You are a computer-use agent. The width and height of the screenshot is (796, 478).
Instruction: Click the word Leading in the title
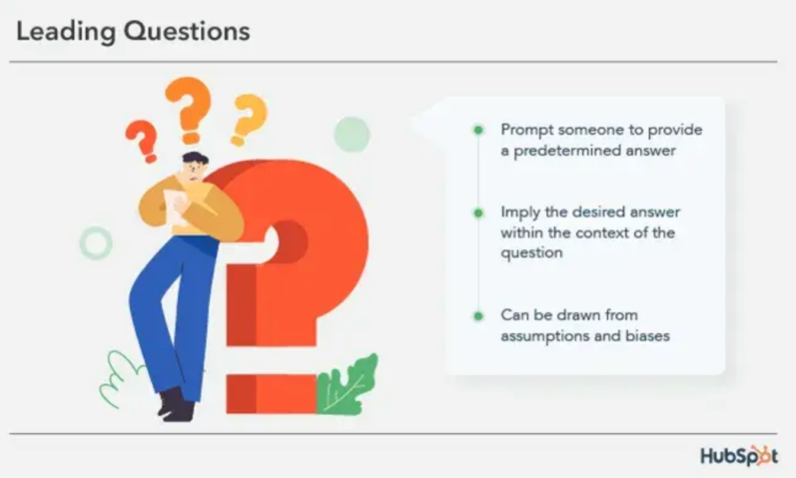click(x=64, y=32)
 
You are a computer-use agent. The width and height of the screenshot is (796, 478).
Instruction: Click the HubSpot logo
click(x=739, y=456)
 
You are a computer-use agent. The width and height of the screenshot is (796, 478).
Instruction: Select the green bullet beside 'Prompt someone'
click(x=478, y=130)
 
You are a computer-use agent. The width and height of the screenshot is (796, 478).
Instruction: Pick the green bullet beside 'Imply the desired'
click(x=478, y=212)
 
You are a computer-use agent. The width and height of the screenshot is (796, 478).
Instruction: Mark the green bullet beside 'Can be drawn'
click(x=478, y=315)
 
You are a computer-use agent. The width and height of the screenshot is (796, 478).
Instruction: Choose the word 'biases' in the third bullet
click(x=646, y=336)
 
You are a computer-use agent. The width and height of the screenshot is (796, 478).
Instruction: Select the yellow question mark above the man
click(x=249, y=119)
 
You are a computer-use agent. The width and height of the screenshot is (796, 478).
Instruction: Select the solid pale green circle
click(x=352, y=135)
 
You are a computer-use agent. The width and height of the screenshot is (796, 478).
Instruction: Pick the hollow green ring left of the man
click(x=96, y=244)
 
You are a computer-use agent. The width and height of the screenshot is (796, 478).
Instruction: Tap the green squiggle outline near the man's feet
click(x=120, y=378)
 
